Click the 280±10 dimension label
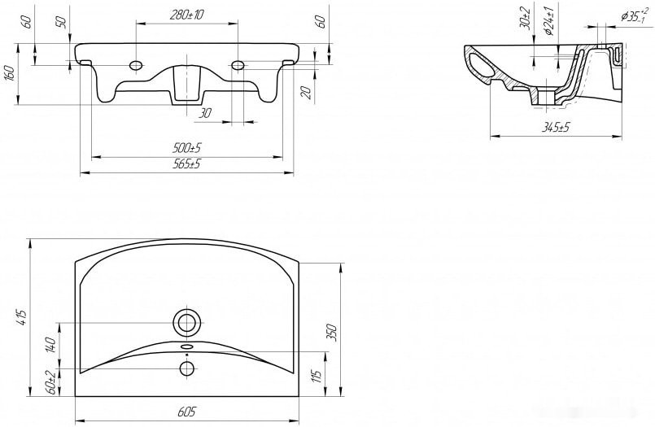click(186, 15)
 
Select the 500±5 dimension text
click(186, 148)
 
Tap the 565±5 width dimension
click(186, 163)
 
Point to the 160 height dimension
click(11, 73)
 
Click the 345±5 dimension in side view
click(556, 127)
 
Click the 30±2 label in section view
click(526, 19)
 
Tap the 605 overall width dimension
click(186, 412)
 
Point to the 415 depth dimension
click(22, 318)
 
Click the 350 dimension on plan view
click(333, 333)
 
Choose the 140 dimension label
click(51, 346)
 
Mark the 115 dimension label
click(317, 377)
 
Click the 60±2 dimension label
click(51, 382)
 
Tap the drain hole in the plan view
click(186, 323)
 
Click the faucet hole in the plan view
click(186, 368)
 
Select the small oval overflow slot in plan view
click(186, 346)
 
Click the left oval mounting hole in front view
click(136, 66)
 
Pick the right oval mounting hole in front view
click(238, 66)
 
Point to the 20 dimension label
click(307, 93)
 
